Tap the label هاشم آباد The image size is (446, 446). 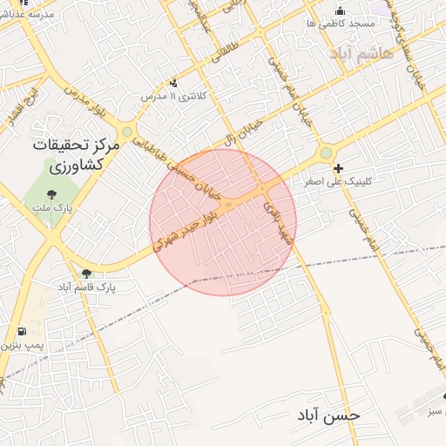362,53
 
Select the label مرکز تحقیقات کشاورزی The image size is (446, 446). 68,154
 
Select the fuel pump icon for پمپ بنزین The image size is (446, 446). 21,332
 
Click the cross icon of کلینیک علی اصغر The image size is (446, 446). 338,167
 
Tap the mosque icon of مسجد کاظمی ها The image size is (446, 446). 340,10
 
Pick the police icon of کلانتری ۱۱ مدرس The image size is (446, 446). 173,83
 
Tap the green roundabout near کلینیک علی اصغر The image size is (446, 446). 326,153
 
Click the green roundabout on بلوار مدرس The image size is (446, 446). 127,132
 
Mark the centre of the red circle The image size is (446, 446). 223,222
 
